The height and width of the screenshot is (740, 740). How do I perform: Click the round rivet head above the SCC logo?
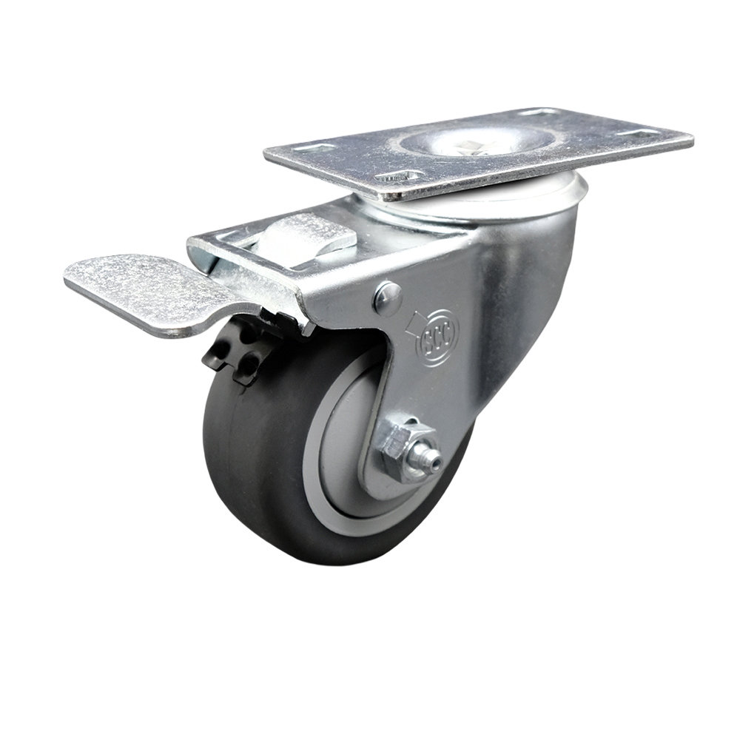pos(387,297)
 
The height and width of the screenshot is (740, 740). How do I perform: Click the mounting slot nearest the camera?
pos(400,177)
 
